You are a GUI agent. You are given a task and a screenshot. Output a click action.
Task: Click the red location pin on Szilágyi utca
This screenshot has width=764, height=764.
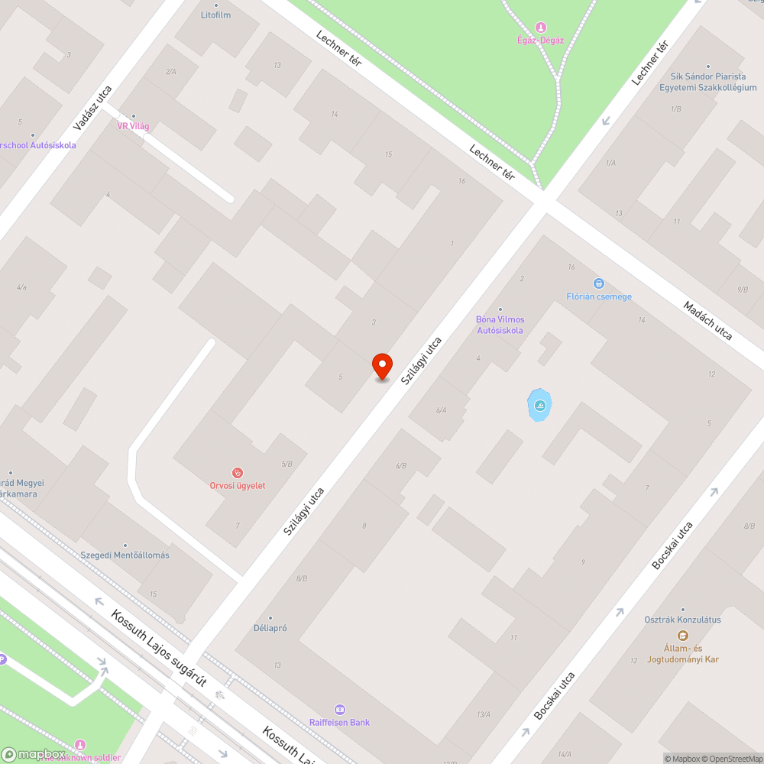pyautogui.click(x=381, y=366)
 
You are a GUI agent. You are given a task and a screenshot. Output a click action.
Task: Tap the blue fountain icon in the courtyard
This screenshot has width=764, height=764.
pyautogui.click(x=540, y=404)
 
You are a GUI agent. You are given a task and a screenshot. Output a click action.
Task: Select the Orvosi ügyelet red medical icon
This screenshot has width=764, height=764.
pyautogui.click(x=238, y=473)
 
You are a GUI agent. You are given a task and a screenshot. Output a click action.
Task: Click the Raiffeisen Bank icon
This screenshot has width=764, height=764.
pyautogui.click(x=340, y=710)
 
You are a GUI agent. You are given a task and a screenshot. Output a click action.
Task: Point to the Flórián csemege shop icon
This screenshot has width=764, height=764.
pyautogui.click(x=598, y=283)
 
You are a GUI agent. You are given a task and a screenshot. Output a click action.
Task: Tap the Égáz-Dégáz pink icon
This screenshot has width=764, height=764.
pyautogui.click(x=541, y=28)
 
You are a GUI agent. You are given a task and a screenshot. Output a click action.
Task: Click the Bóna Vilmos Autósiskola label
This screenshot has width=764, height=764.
pyautogui.click(x=500, y=325)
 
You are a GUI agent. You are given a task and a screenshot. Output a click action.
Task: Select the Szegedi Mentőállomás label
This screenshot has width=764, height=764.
pyautogui.click(x=125, y=555)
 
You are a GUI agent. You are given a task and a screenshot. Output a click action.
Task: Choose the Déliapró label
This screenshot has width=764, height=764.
pyautogui.click(x=270, y=630)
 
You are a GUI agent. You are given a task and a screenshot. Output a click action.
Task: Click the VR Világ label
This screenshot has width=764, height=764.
pyautogui.click(x=133, y=126)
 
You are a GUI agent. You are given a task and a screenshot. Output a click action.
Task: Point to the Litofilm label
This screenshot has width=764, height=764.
pyautogui.click(x=215, y=15)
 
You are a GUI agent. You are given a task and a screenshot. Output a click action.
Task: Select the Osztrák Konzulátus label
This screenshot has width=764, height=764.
pyautogui.click(x=682, y=620)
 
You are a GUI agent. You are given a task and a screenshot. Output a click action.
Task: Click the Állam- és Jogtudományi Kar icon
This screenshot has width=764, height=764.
pyautogui.click(x=682, y=636)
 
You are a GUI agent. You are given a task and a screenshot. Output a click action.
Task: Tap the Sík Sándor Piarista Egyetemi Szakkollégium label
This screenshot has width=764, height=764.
pyautogui.click(x=708, y=83)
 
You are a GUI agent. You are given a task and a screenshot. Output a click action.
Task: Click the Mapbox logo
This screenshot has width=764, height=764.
pyautogui.click(x=33, y=753)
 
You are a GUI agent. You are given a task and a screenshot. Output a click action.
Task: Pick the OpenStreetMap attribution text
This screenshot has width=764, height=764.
pyautogui.click(x=730, y=759)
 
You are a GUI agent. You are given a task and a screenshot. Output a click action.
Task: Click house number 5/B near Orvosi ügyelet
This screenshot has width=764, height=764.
pyautogui.click(x=287, y=464)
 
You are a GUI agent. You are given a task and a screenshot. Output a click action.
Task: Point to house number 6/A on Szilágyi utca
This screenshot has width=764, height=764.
pyautogui.click(x=441, y=410)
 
